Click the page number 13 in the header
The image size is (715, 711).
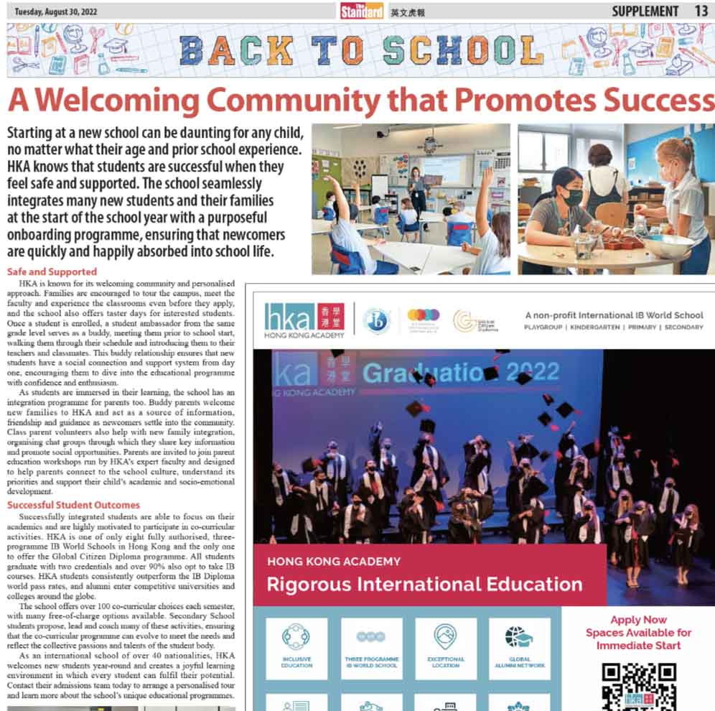tap(701, 11)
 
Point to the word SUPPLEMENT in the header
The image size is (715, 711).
tap(645, 11)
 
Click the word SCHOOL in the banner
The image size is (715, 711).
tap(462, 51)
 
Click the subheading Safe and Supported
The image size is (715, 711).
tap(51, 271)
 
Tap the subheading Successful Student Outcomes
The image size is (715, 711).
tap(73, 505)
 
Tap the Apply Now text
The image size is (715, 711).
tap(638, 620)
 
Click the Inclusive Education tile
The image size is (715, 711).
tap(296, 649)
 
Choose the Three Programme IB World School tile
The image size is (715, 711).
tap(371, 649)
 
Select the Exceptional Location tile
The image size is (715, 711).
tap(445, 649)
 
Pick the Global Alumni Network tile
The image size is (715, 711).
tap(520, 649)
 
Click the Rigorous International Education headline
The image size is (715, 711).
tap(424, 584)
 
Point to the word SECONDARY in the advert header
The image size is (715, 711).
tap(683, 327)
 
